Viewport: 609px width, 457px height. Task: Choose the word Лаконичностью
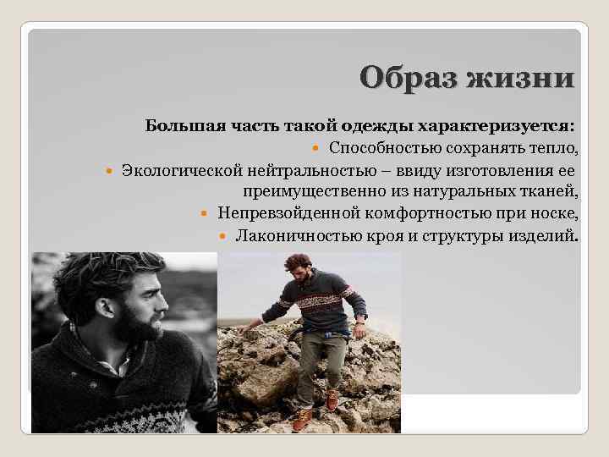[x=286, y=234]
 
